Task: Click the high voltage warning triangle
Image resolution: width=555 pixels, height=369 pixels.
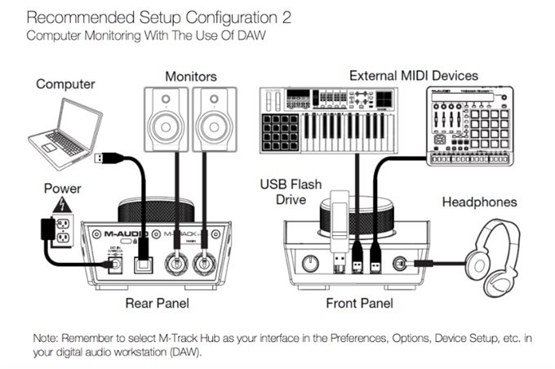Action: (x=58, y=202)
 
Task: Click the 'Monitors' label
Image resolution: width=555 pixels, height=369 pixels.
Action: (x=189, y=77)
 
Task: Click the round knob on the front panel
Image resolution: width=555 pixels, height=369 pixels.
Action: (x=311, y=263)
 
